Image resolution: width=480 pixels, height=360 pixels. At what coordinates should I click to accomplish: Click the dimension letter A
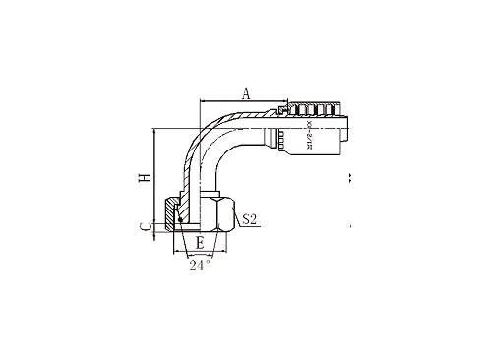coord(246,93)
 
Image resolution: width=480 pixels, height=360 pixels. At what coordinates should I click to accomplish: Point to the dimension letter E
coord(200,241)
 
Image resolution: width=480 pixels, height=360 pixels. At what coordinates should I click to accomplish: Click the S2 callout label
coord(250,220)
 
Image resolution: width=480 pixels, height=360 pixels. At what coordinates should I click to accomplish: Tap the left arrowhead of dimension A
coord(203,101)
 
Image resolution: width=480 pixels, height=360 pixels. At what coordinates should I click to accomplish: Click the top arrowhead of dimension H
coord(154,132)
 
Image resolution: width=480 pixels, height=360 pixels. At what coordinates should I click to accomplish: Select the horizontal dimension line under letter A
coord(246,101)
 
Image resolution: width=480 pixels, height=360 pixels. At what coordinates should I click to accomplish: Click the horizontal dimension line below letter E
coord(200,250)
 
